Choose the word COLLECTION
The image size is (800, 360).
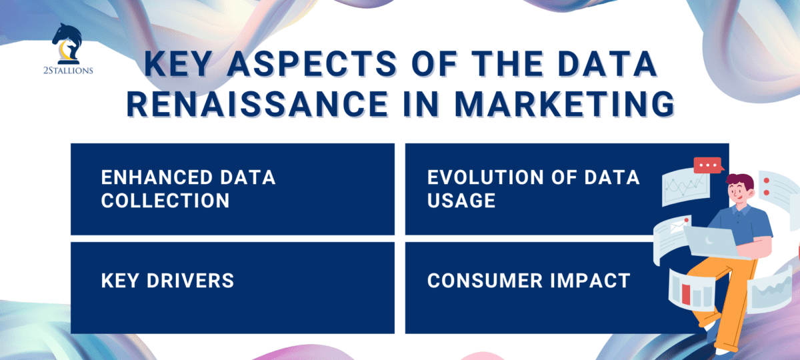click(165, 200)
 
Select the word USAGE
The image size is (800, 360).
click(461, 200)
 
